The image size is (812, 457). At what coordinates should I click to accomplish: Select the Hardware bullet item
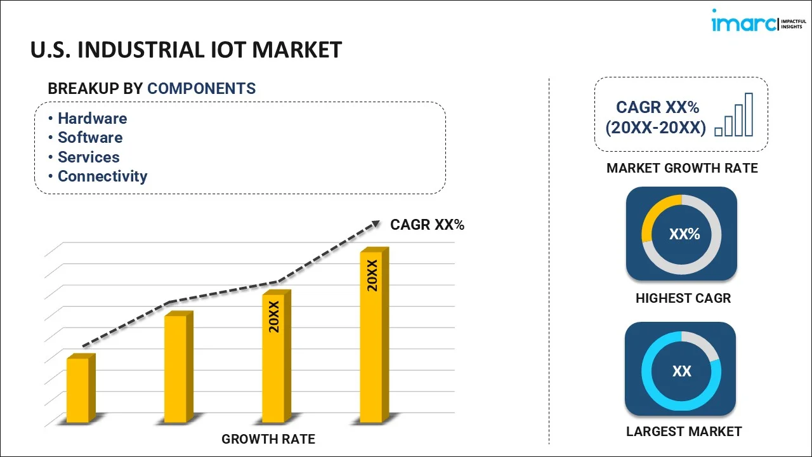(x=92, y=119)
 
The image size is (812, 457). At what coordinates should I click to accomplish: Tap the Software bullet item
(x=90, y=138)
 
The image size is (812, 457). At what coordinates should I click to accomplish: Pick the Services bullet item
(x=88, y=157)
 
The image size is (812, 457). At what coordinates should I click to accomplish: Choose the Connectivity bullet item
(x=102, y=176)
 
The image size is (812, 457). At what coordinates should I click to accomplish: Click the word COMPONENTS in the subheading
(x=201, y=89)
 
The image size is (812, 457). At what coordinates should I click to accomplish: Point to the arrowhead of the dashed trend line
(x=375, y=223)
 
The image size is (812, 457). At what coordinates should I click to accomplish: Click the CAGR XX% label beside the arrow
(x=427, y=225)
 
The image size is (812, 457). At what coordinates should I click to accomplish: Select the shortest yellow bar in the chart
(x=79, y=390)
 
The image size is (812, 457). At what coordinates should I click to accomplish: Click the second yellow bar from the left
(x=176, y=368)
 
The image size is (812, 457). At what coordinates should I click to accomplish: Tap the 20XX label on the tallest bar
(x=372, y=275)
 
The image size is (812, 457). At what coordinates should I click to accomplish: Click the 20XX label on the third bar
(x=274, y=317)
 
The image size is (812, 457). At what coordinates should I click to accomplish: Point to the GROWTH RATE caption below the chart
(x=268, y=439)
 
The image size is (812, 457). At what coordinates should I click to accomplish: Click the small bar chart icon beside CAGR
(x=734, y=116)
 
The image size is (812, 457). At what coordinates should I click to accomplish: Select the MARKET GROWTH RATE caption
(x=682, y=168)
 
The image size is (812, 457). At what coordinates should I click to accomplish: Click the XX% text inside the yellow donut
(x=684, y=234)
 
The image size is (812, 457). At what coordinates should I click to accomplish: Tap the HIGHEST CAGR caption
(x=683, y=298)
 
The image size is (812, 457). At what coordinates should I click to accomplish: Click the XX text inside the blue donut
(x=681, y=371)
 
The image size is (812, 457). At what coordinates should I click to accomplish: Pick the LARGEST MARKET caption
(x=683, y=432)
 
